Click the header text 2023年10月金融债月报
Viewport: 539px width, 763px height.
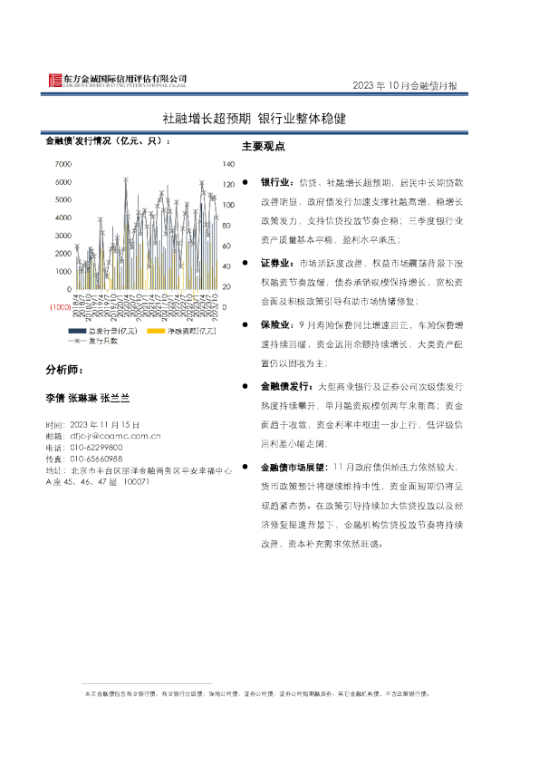pos(404,86)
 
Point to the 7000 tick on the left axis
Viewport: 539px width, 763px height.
pos(63,164)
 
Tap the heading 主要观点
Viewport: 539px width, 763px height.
pos(264,147)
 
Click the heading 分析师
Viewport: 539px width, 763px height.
pos(68,371)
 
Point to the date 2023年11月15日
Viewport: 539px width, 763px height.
pos(103,424)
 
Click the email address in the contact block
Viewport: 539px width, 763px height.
pos(115,436)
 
